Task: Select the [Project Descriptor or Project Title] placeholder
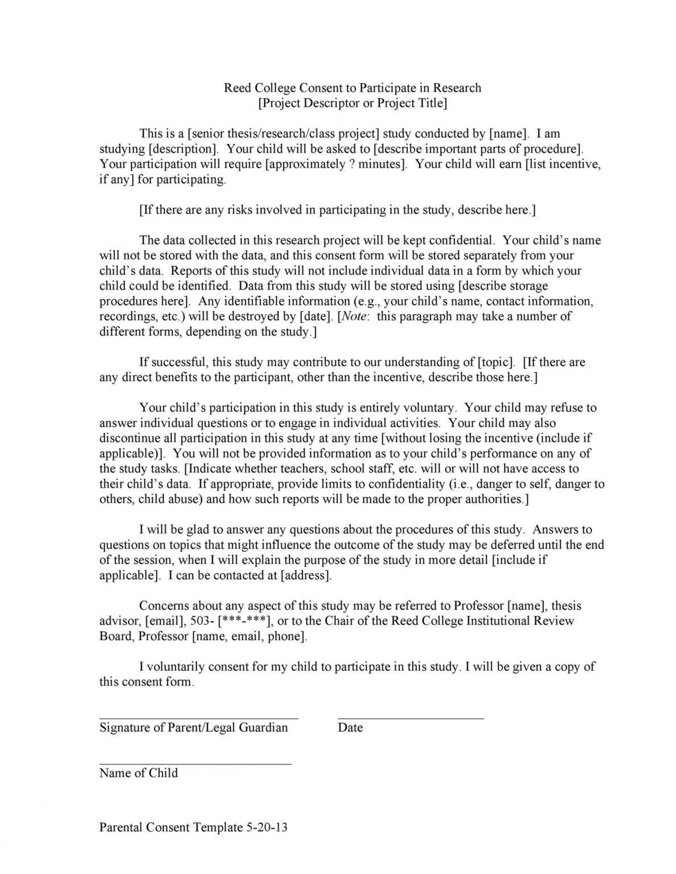[x=352, y=103]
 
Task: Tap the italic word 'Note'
[x=355, y=316]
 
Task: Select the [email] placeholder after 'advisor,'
[x=166, y=621]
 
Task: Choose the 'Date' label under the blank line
[x=350, y=727]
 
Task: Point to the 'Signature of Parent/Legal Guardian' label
[x=194, y=727]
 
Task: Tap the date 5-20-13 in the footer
[x=267, y=827]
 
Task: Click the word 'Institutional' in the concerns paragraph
[x=498, y=621]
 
